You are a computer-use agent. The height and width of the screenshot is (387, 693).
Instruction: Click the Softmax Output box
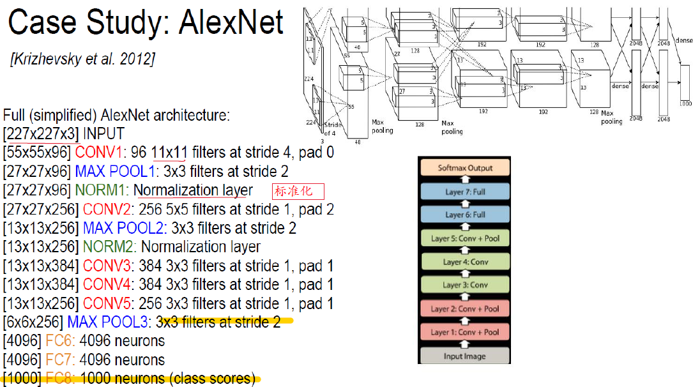pos(464,169)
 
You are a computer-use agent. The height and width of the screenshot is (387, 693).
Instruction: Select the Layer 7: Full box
pos(464,192)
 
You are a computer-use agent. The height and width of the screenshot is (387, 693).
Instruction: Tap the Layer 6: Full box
pos(464,215)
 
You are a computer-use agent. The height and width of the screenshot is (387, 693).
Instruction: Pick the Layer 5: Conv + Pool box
pos(464,238)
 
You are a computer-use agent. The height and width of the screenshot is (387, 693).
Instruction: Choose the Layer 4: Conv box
pos(464,262)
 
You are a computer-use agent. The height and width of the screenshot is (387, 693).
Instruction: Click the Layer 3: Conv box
pos(464,285)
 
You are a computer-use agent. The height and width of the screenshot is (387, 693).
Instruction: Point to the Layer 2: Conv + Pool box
pos(464,308)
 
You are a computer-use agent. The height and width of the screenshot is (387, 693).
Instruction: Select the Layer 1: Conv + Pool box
pos(464,332)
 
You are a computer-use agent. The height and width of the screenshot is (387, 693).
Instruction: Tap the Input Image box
pos(464,356)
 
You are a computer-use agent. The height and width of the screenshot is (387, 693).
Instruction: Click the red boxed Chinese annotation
pos(298,191)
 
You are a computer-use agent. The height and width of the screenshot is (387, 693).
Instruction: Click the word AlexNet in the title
pos(231,23)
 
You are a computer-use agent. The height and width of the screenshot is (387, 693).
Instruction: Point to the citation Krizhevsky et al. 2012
pos(82,59)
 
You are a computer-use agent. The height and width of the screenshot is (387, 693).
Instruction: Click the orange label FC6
pos(57,341)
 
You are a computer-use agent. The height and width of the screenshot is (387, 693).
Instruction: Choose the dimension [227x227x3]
pos(41,135)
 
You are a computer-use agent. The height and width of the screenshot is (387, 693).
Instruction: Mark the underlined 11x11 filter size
pos(168,153)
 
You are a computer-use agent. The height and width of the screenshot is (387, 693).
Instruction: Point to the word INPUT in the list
pos(104,135)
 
